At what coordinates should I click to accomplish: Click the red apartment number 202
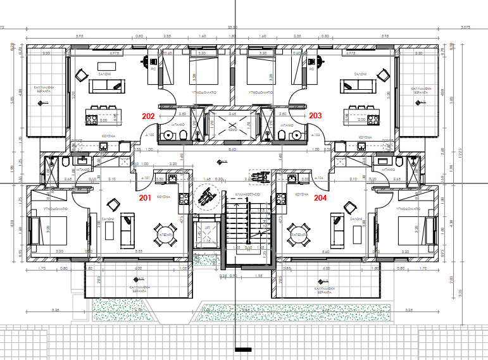pos(149,116)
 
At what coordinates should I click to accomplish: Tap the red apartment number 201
pos(146,197)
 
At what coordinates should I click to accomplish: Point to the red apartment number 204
pos(321,197)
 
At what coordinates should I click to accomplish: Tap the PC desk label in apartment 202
pos(153,70)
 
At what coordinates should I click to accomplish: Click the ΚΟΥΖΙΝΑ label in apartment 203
pos(365,137)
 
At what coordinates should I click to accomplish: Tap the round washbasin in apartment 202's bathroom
pos(182,135)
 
